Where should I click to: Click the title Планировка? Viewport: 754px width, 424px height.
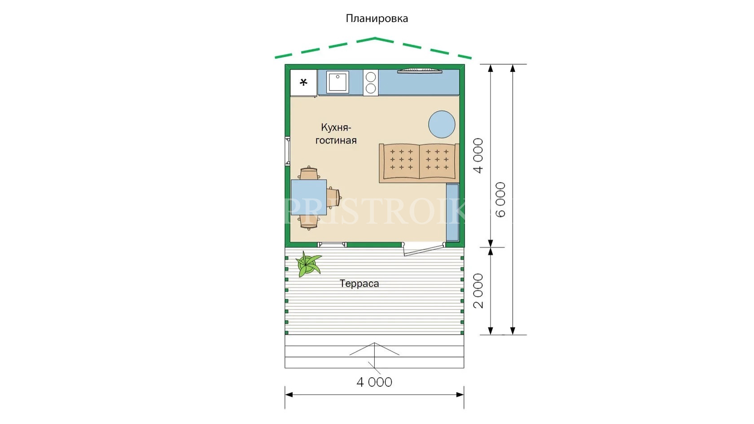pos(377,18)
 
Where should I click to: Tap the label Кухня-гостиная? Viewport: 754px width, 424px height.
pos(336,134)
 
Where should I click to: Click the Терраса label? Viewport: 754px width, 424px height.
pos(359,283)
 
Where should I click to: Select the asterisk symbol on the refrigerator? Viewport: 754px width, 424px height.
pos(303,82)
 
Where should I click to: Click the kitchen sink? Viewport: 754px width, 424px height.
pos(338,82)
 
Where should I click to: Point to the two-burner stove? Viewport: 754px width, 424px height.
pos(371,83)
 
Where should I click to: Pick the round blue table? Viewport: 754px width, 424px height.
pos(442,124)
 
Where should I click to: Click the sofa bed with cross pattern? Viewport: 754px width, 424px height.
pos(419,163)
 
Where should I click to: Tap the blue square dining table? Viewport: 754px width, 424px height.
pos(309,197)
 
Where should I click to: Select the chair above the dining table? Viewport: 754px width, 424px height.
pos(309,173)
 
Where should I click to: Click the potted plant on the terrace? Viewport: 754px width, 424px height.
pos(307,264)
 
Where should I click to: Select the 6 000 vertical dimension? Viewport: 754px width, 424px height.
pos(501,199)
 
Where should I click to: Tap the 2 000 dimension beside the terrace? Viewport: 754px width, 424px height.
pos(478,291)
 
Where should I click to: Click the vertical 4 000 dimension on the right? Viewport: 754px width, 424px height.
pos(478,155)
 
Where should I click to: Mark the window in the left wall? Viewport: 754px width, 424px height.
pos(288,151)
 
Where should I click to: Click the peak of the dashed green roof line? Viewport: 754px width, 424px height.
pos(375,38)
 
